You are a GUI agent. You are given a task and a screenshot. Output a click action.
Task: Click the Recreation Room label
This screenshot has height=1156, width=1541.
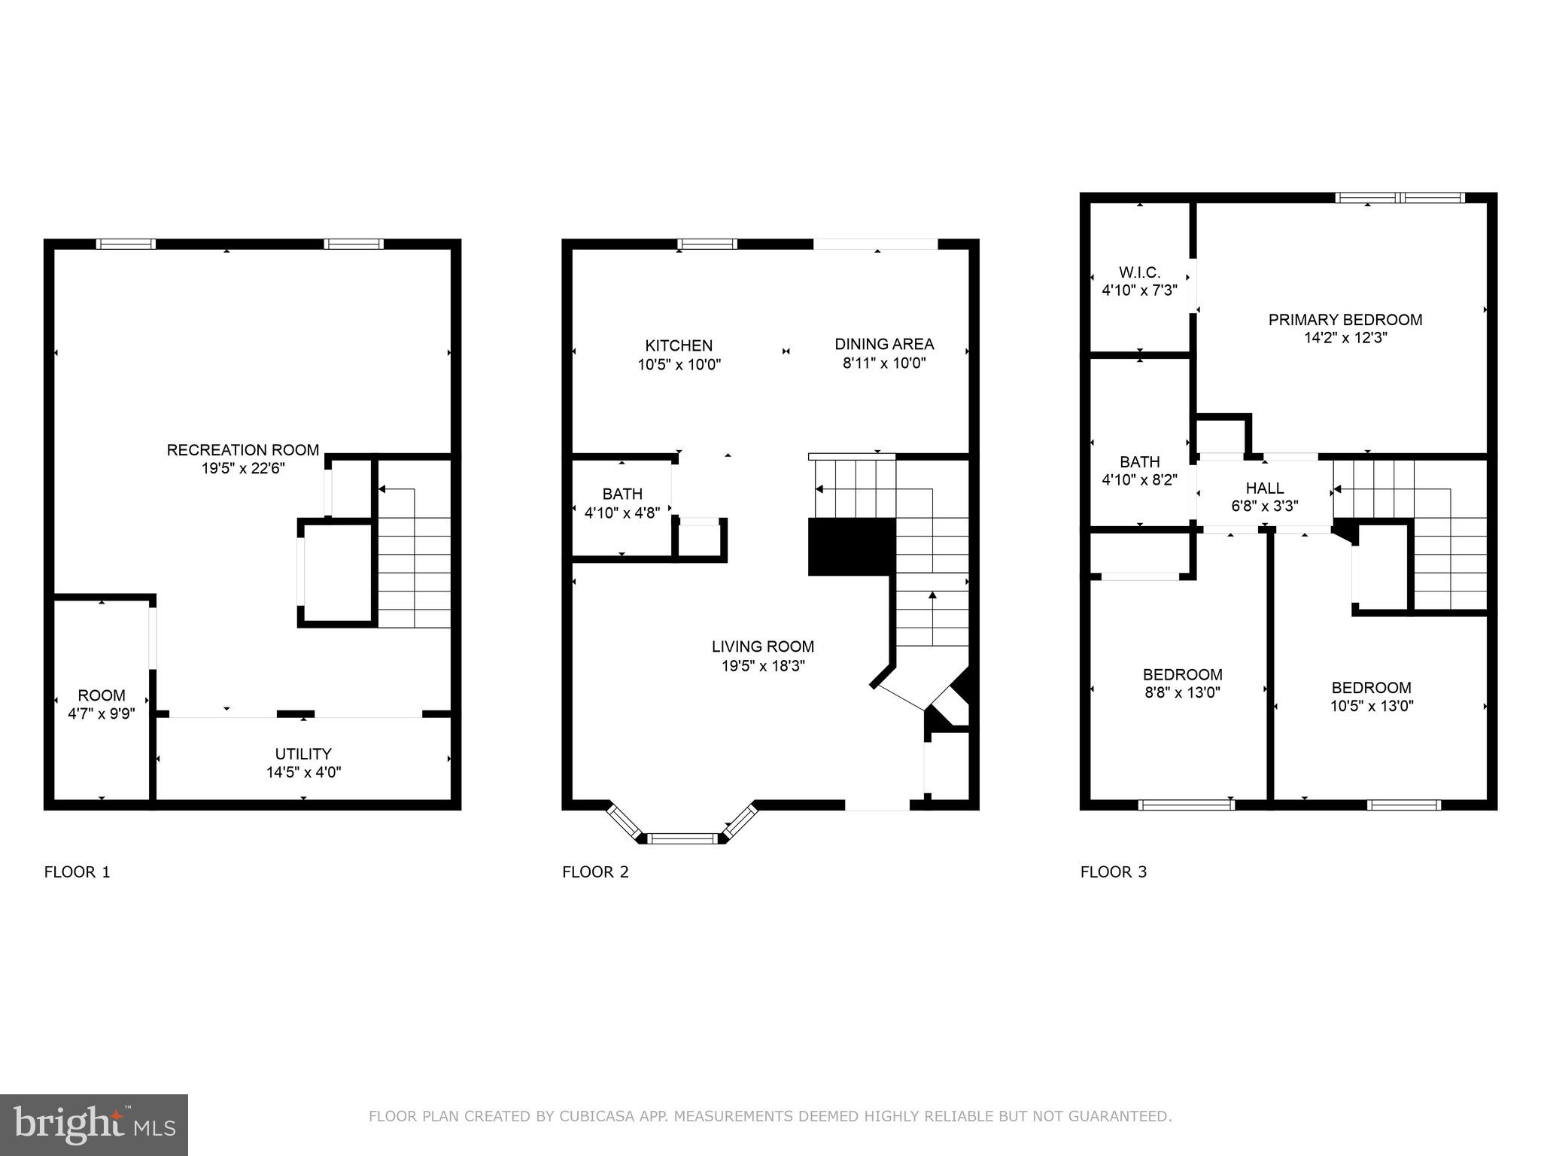242,450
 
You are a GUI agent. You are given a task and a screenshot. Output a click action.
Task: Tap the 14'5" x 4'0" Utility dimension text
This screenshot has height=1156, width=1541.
303,772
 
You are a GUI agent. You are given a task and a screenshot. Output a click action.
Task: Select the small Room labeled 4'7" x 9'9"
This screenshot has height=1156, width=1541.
101,704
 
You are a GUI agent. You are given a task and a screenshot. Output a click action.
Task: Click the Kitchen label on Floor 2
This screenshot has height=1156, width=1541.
679,345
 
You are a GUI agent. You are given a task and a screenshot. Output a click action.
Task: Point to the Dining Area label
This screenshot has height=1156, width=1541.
884,344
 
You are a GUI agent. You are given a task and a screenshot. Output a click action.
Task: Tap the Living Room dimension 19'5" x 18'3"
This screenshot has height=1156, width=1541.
763,666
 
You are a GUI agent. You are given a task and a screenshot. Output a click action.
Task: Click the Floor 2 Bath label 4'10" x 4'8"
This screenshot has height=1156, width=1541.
622,503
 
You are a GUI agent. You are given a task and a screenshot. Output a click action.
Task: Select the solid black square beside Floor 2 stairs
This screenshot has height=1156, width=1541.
851,547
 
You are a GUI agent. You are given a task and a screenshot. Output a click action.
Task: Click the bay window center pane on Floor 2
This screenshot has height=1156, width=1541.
685,838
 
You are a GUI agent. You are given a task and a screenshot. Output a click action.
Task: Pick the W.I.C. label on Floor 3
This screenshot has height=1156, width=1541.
1139,272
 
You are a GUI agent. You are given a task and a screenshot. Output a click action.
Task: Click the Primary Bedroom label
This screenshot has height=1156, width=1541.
1345,320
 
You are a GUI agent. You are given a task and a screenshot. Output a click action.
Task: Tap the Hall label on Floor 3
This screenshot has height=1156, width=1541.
1264,488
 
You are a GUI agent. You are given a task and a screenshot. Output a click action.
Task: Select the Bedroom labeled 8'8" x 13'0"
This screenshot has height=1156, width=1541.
1182,683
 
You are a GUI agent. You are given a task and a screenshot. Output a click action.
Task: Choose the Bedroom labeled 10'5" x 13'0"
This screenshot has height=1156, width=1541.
1371,697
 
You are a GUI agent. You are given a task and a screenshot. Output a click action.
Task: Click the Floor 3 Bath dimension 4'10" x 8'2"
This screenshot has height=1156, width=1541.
1139,479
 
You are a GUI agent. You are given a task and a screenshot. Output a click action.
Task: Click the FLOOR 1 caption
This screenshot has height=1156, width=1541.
78,872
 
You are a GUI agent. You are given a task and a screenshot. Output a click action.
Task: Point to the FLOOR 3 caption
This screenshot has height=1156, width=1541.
1114,872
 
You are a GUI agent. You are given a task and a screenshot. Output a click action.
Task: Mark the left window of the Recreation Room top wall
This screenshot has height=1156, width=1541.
126,244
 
